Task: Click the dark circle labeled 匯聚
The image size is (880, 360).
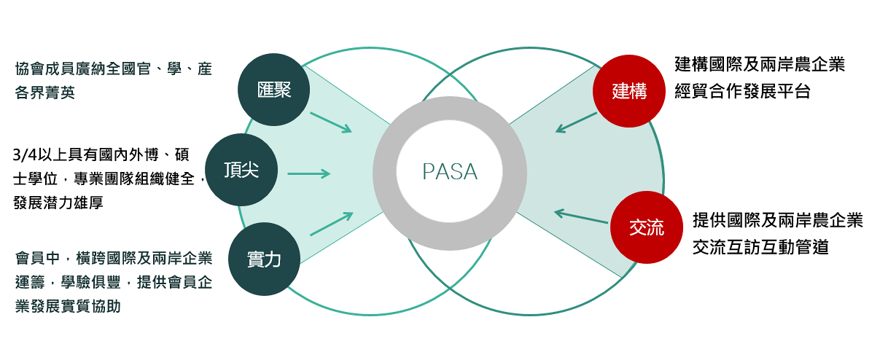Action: [275, 90]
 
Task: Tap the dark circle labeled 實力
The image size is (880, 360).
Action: [264, 259]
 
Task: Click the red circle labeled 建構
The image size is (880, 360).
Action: [629, 91]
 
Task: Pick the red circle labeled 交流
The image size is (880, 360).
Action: [646, 227]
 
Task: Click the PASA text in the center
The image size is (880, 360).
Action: [450, 172]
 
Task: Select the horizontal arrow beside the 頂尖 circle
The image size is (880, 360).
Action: [309, 173]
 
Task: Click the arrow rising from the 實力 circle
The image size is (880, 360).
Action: [331, 224]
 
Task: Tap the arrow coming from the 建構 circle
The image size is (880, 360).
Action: [576, 122]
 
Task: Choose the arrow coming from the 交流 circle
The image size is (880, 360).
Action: [581, 216]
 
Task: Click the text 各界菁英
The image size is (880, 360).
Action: [45, 93]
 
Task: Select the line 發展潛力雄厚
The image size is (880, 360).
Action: [58, 203]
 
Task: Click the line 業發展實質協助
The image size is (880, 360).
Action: [68, 306]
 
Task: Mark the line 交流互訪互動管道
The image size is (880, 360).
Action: [760, 247]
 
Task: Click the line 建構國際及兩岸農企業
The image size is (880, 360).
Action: [760, 64]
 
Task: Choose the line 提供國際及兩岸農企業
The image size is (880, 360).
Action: [777, 220]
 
